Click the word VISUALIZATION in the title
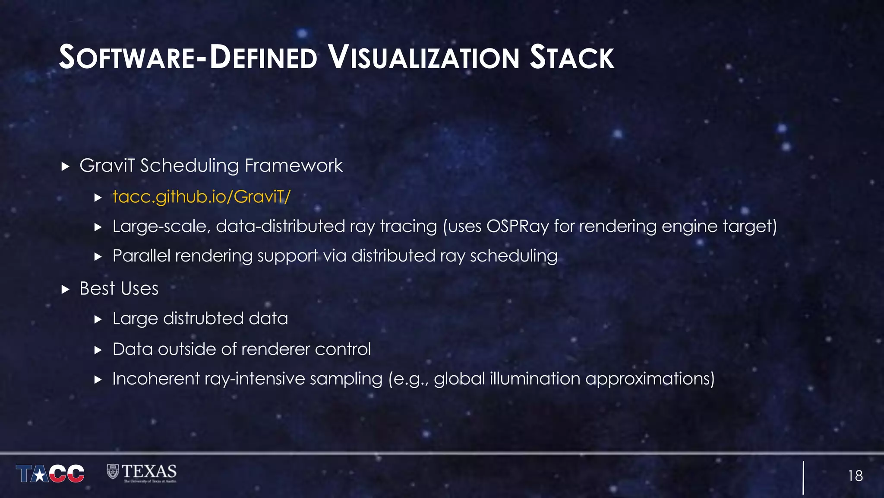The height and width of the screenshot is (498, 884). click(423, 57)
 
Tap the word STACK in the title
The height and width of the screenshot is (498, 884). click(571, 57)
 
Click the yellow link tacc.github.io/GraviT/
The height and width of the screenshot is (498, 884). click(201, 197)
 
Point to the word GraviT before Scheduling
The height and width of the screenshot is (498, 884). click(107, 166)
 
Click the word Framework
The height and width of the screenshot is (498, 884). click(294, 166)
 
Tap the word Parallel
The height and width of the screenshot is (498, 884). click(141, 256)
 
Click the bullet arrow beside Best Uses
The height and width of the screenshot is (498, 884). click(66, 289)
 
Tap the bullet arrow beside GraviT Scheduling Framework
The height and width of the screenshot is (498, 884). click(66, 166)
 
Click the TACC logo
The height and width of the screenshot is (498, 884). click(50, 473)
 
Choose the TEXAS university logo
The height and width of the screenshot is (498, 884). click(142, 473)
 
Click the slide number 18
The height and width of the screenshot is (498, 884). click(855, 476)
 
